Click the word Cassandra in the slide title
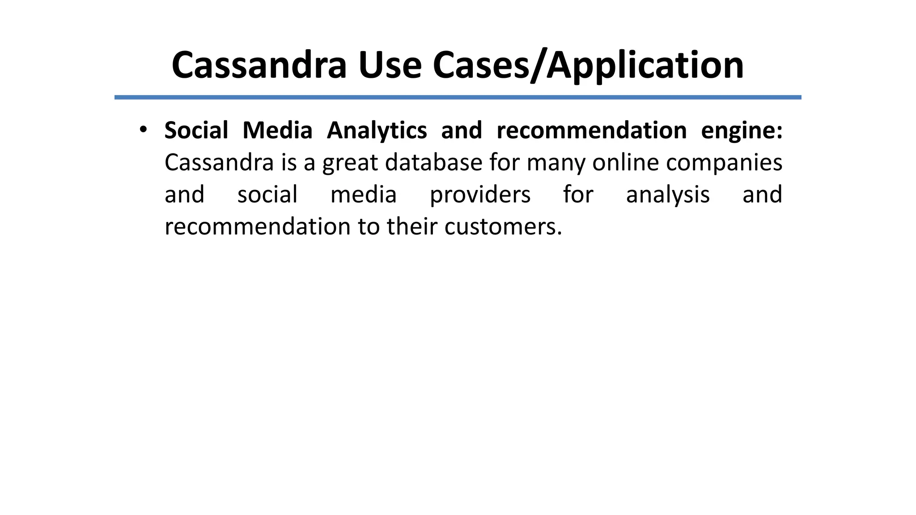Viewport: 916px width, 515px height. [x=259, y=65]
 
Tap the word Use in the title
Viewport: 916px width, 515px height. [x=390, y=65]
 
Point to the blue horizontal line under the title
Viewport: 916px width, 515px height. [x=458, y=97]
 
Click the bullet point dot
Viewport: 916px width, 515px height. [x=143, y=130]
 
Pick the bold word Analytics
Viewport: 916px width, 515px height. [x=377, y=131]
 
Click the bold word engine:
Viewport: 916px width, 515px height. [x=742, y=131]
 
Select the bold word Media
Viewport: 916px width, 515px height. [x=277, y=131]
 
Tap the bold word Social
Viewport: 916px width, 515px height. [x=196, y=131]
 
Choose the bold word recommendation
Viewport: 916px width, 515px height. [x=591, y=131]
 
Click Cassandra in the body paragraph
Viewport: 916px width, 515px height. [x=219, y=162]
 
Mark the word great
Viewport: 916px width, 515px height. [x=350, y=163]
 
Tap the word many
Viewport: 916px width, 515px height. [x=556, y=163]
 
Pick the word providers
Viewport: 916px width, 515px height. [x=480, y=195]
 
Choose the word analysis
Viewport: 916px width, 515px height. [x=668, y=195]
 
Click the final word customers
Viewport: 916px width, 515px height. [x=503, y=227]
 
